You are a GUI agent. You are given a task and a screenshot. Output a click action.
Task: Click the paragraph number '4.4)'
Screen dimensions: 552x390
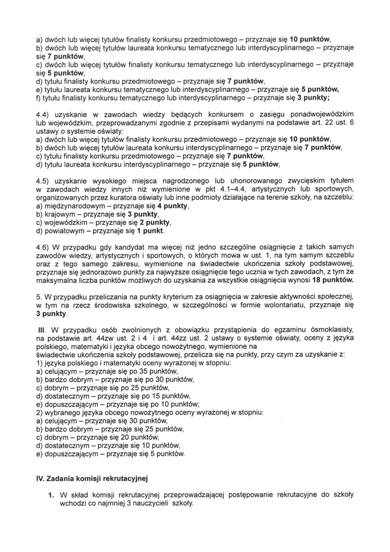click(44, 114)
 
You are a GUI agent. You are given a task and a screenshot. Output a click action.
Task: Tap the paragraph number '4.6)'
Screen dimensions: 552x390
click(44, 247)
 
